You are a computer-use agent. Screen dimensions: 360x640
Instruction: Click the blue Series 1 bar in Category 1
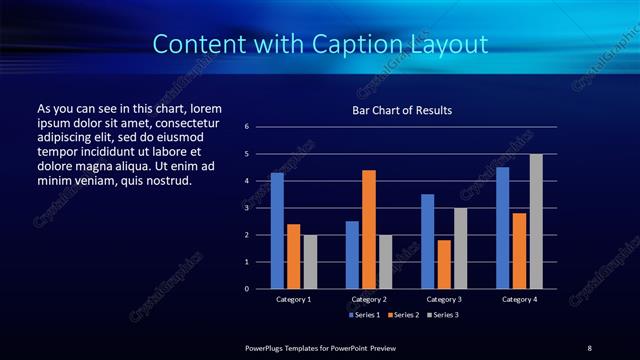(277, 231)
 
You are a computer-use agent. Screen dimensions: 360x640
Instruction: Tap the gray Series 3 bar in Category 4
(536, 221)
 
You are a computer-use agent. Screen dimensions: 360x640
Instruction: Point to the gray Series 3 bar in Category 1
(310, 262)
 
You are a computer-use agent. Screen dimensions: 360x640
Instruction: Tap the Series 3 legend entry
(443, 315)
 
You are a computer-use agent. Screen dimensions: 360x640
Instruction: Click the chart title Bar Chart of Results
(402, 109)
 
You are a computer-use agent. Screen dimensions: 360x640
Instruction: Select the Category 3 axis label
(444, 299)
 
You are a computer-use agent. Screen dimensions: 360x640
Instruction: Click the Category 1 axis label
(294, 299)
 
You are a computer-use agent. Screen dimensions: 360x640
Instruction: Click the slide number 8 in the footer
(589, 347)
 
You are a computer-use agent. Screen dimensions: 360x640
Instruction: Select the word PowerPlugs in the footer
(267, 347)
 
